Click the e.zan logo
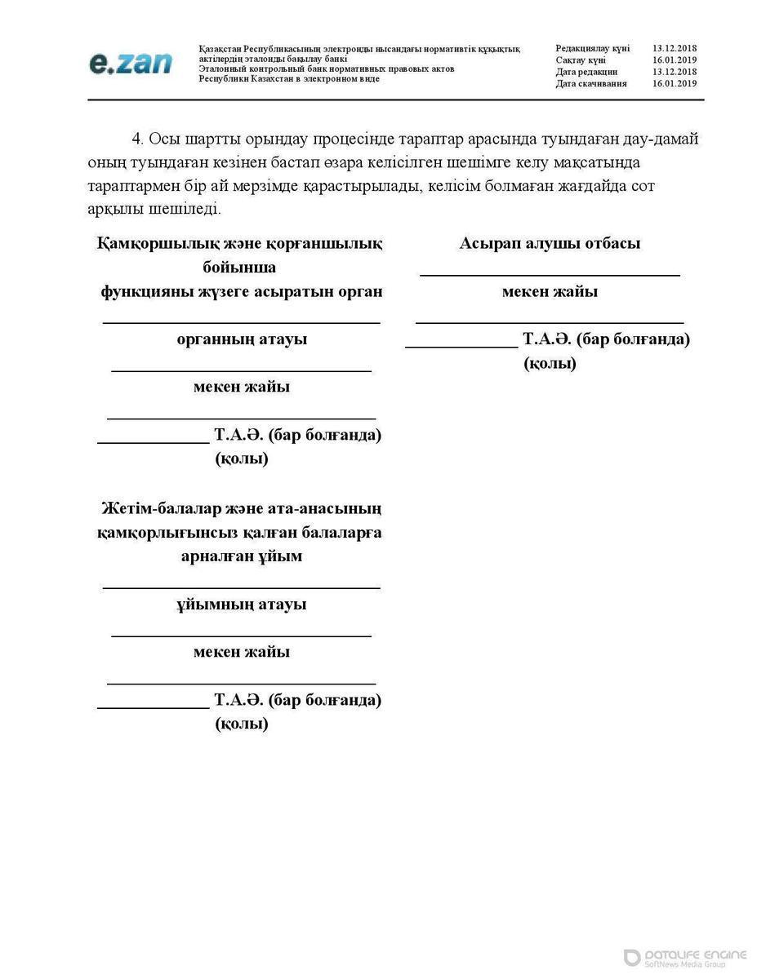(x=131, y=64)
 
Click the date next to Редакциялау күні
(x=675, y=49)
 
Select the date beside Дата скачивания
(x=675, y=83)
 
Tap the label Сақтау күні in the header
(x=581, y=60)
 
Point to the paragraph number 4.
(x=138, y=139)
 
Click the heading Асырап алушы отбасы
(x=550, y=243)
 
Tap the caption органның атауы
(x=242, y=339)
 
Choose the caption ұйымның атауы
(x=242, y=605)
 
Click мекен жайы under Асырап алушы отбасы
(x=550, y=291)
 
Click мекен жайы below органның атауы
(x=242, y=387)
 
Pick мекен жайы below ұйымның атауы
(x=242, y=652)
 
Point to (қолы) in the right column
(x=550, y=364)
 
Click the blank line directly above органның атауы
(x=242, y=323)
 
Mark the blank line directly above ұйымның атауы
(x=242, y=587)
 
